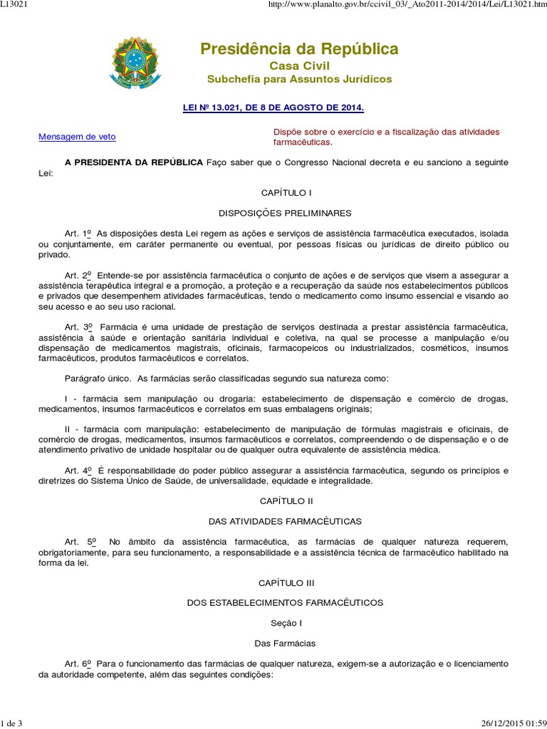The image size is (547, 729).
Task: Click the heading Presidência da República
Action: click(x=299, y=49)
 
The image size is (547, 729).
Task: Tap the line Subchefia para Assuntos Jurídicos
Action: click(x=299, y=78)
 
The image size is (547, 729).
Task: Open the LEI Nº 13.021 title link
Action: click(x=274, y=107)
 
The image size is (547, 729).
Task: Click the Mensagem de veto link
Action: click(x=77, y=136)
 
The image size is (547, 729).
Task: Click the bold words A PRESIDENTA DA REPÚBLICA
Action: click(x=133, y=162)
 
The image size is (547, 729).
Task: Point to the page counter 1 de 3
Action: click(x=12, y=723)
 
